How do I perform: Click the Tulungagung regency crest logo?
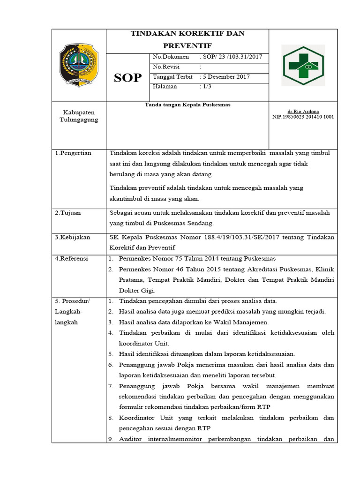point(79,65)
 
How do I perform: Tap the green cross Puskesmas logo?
point(302,66)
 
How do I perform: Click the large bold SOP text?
point(127,78)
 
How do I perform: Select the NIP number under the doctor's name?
point(303,117)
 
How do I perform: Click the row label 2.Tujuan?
point(68,213)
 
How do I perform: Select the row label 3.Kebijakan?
point(72,237)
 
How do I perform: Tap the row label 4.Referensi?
point(72,259)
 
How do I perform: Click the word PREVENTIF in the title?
point(187,45)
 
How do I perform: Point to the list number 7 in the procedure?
point(111,386)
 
